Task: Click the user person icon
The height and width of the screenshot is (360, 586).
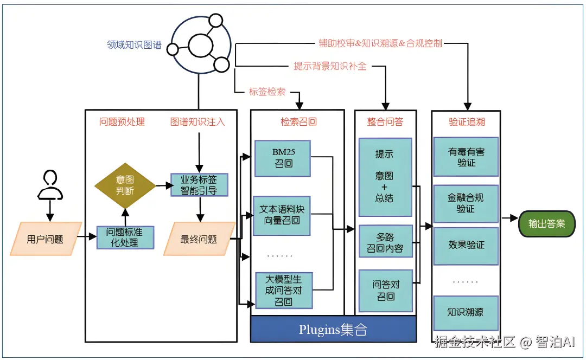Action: pos(50,184)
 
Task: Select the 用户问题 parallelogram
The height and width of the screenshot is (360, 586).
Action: pos(46,239)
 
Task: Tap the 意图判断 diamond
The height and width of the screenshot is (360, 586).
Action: pos(125,185)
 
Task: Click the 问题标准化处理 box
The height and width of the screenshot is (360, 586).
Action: pos(125,237)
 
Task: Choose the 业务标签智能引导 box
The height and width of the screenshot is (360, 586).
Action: pos(200,185)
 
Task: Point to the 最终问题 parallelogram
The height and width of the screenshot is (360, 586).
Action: pos(200,239)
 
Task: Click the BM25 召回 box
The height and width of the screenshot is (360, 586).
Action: pos(283,158)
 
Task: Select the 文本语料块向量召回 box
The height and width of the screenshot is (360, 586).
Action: pos(283,215)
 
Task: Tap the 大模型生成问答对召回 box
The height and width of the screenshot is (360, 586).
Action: pos(283,290)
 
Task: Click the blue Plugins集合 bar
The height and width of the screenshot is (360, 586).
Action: pos(333,329)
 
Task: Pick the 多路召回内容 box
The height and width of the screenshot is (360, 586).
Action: pos(386,242)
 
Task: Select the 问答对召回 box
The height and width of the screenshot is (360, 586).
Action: pos(386,291)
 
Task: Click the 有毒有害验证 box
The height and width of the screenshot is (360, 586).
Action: pos(466,157)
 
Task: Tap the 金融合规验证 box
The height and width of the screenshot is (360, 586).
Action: pos(466,203)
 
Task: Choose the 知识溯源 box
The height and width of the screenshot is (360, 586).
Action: pos(466,312)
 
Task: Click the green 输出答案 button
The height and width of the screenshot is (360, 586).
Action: pos(546,223)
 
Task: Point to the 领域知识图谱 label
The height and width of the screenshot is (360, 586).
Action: pos(134,45)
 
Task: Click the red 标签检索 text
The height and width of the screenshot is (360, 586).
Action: pos(267,92)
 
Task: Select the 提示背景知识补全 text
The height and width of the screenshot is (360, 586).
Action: pos(330,66)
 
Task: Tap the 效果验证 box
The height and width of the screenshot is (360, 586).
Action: pos(466,245)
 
